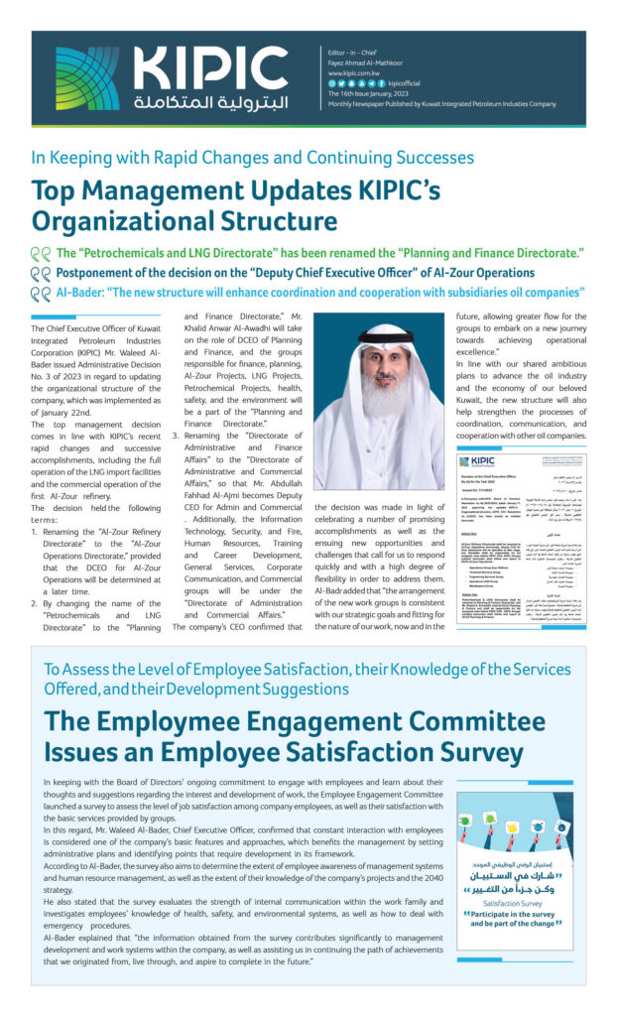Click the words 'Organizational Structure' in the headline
(x=185, y=221)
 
